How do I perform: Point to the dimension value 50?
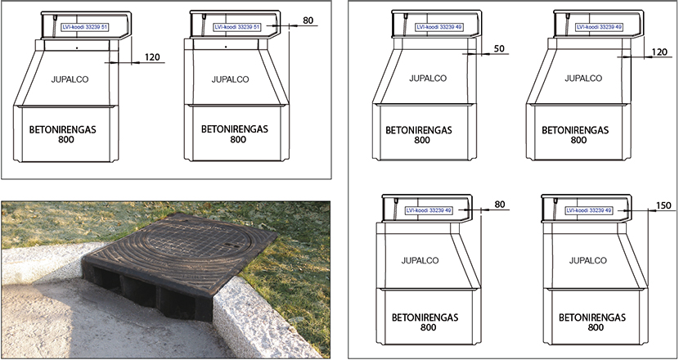coord(499,48)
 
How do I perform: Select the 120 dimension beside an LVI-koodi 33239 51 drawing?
coord(152,57)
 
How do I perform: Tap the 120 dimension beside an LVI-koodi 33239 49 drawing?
coord(659,52)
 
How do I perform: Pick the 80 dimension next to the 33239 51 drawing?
coord(308,20)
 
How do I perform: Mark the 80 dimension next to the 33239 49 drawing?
coord(500,205)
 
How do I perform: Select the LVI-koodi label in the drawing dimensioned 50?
coord(439,27)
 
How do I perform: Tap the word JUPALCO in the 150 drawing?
coord(587,261)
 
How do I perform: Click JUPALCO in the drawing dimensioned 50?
coord(428,79)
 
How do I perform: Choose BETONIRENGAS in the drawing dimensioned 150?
coord(592,317)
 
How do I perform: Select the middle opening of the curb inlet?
coord(137,290)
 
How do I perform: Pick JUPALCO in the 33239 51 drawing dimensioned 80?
coord(230,79)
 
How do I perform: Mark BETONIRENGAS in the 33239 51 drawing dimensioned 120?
coord(62,129)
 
